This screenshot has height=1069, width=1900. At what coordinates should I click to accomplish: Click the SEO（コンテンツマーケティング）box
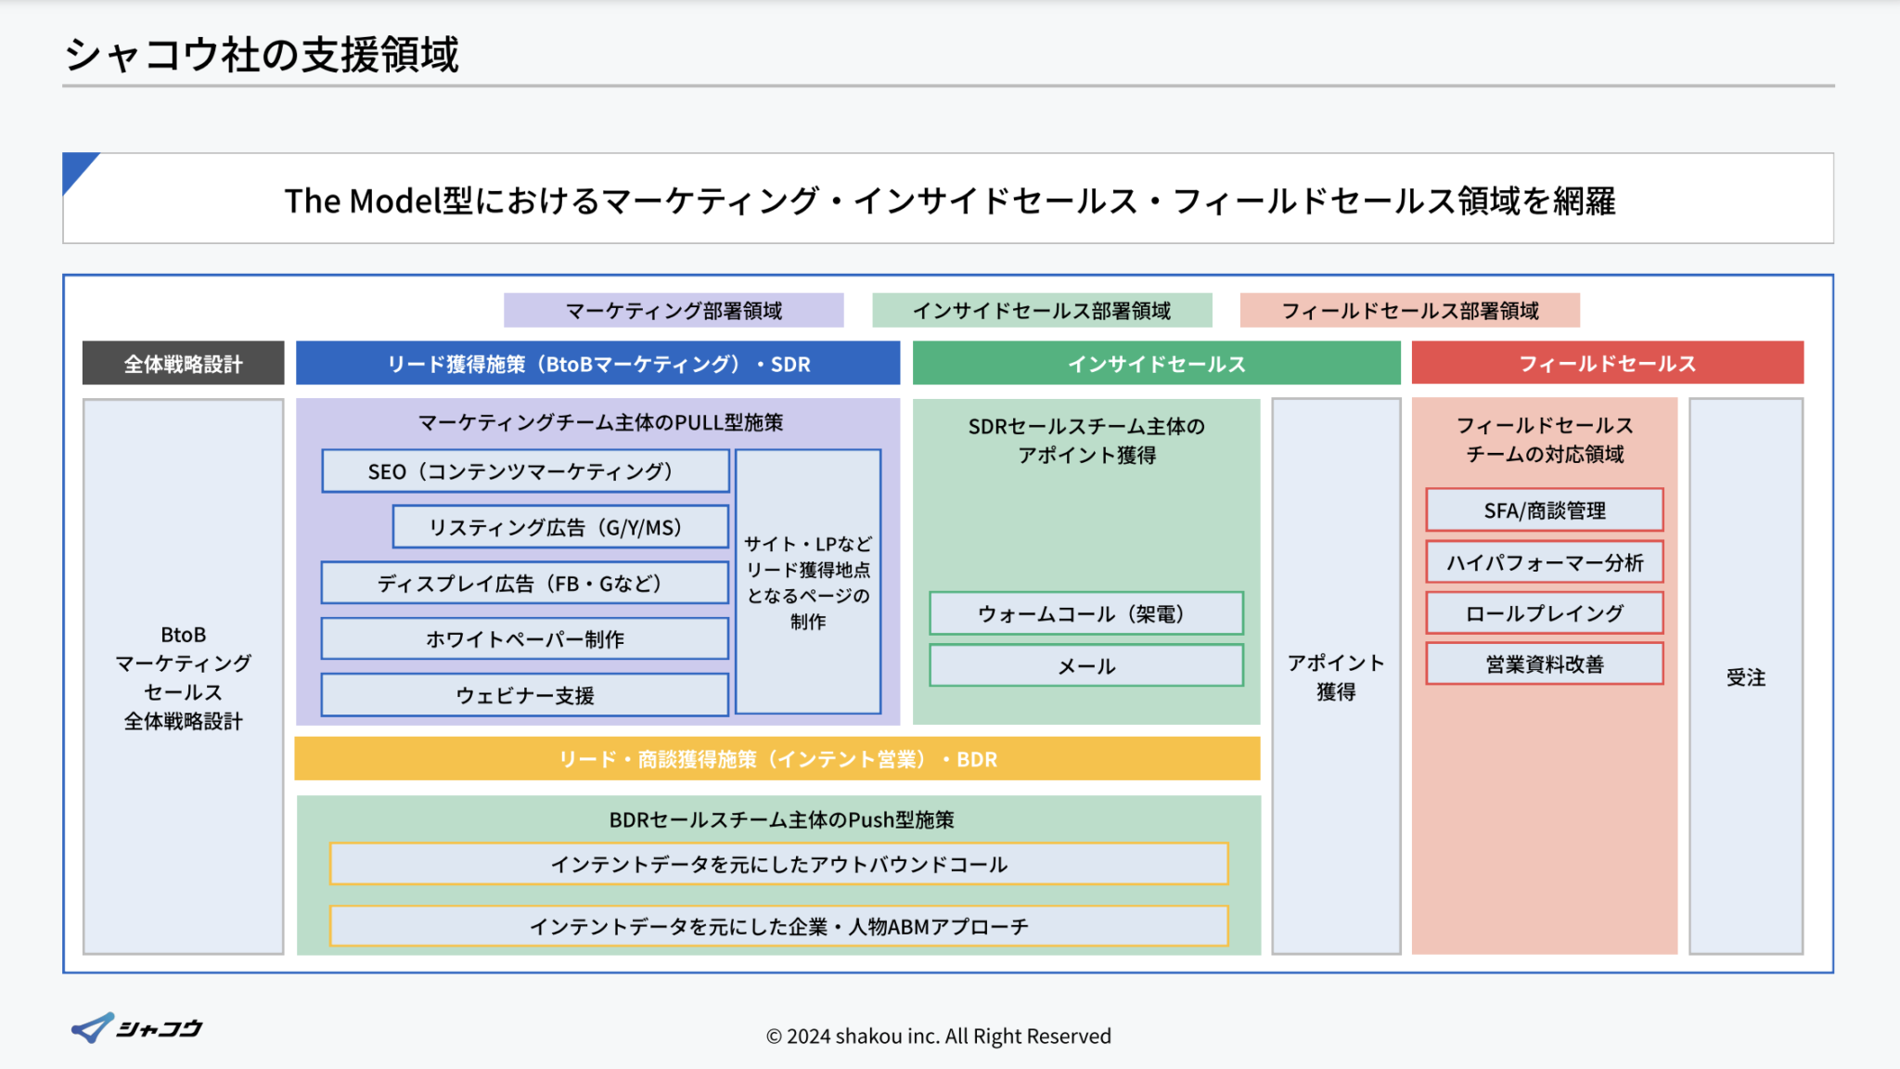point(525,471)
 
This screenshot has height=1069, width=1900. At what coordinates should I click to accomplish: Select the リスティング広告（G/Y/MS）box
point(560,527)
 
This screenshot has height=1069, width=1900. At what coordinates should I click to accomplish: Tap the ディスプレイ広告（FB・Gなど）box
point(525,584)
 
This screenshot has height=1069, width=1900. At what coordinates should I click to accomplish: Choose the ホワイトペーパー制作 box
point(525,639)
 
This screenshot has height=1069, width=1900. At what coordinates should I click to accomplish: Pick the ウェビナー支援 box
point(525,695)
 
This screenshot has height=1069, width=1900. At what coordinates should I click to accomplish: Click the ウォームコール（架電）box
point(1086,613)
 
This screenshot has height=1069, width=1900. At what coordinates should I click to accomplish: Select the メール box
point(1086,666)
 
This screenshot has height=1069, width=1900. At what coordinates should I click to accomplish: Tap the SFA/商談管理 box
point(1545,510)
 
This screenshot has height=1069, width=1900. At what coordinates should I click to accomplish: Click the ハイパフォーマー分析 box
point(1545,562)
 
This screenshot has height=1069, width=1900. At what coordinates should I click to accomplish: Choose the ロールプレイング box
point(1545,613)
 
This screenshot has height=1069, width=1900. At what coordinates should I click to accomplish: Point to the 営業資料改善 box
point(1545,664)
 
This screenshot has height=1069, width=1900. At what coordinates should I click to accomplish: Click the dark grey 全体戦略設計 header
point(183,364)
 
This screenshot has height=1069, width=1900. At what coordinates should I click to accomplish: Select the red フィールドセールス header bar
point(1607,364)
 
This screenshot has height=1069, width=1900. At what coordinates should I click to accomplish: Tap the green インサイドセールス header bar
point(1156,364)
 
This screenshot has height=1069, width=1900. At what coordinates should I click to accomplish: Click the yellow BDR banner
point(777,759)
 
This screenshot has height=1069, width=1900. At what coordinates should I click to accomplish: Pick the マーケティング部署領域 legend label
point(674,311)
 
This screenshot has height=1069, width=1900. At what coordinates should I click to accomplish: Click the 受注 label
point(1745,677)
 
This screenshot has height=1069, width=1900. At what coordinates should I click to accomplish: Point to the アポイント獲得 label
point(1336,676)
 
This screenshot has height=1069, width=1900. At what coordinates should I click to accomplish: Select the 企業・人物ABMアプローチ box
point(779,926)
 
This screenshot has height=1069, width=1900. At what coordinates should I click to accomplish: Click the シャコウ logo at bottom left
point(137,1028)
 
